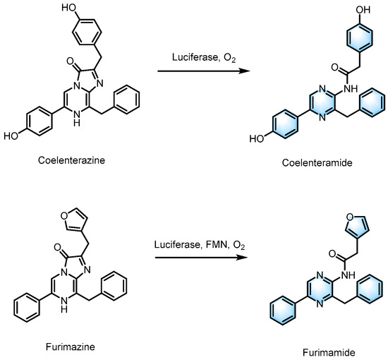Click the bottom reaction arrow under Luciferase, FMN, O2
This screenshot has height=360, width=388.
200,256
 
